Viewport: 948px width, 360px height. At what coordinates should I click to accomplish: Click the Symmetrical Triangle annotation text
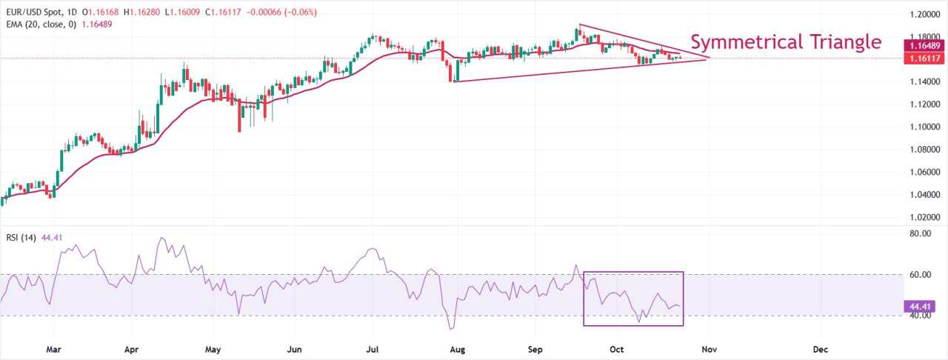tap(786, 41)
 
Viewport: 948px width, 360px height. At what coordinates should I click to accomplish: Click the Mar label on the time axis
tap(53, 348)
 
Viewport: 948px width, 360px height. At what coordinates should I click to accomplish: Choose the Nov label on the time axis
tap(710, 348)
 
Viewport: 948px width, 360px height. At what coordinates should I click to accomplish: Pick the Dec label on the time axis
tap(820, 348)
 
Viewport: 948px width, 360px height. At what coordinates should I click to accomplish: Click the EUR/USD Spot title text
tap(32, 13)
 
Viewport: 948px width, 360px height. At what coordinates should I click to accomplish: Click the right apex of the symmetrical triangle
tap(710, 58)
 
